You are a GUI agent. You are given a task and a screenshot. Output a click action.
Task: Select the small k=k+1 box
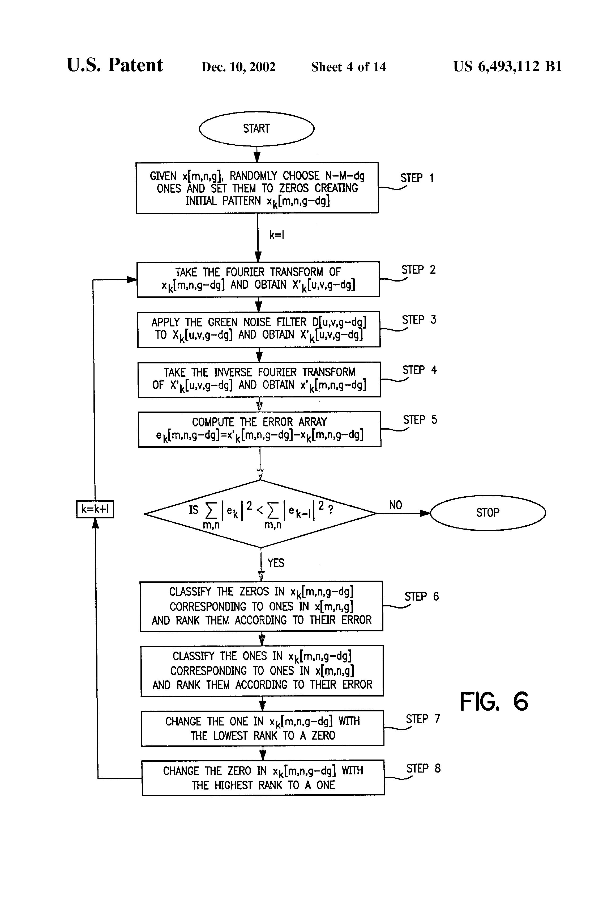pyautogui.click(x=95, y=509)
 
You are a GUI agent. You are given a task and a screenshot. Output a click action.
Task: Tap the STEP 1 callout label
pyautogui.click(x=417, y=178)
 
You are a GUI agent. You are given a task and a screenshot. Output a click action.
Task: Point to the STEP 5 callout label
pyautogui.click(x=420, y=420)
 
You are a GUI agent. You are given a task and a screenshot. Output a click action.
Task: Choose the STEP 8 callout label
pyautogui.click(x=423, y=768)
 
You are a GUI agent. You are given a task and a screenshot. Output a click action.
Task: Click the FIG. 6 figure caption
pyautogui.click(x=494, y=702)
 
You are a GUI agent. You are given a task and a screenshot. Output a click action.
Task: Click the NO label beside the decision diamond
pyautogui.click(x=396, y=505)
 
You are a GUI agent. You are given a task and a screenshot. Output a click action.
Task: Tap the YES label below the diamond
pyautogui.click(x=276, y=563)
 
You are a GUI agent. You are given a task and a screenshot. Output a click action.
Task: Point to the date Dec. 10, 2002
pyautogui.click(x=238, y=67)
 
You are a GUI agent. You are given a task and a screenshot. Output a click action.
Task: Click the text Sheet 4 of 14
pyautogui.click(x=349, y=67)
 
